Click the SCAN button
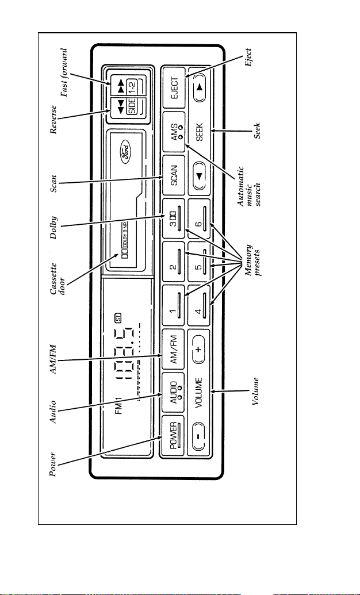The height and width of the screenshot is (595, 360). coord(173,176)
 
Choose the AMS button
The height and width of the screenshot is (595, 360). coord(173,132)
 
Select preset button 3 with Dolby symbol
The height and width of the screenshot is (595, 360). coord(173,218)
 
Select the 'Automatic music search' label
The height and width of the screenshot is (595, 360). coord(250,186)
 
